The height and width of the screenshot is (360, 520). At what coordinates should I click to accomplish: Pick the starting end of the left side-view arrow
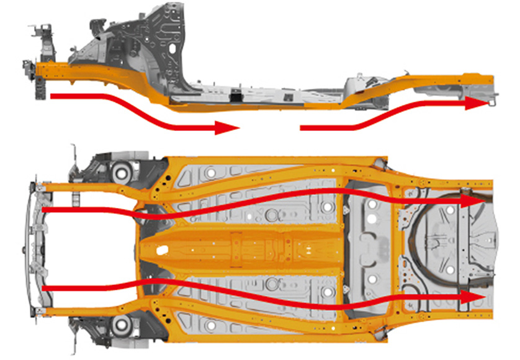point(52,96)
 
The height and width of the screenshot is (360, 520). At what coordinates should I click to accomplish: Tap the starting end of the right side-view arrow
point(302,128)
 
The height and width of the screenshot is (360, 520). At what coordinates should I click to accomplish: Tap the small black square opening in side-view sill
point(235,98)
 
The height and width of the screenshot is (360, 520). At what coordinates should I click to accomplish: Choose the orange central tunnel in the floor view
point(248,248)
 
